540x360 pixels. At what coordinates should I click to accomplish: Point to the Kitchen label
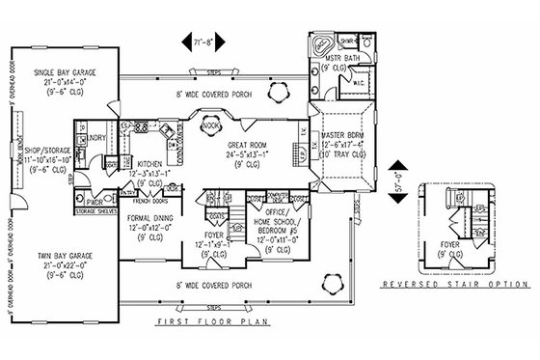click(148, 165)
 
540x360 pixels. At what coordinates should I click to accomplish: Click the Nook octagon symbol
click(214, 125)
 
